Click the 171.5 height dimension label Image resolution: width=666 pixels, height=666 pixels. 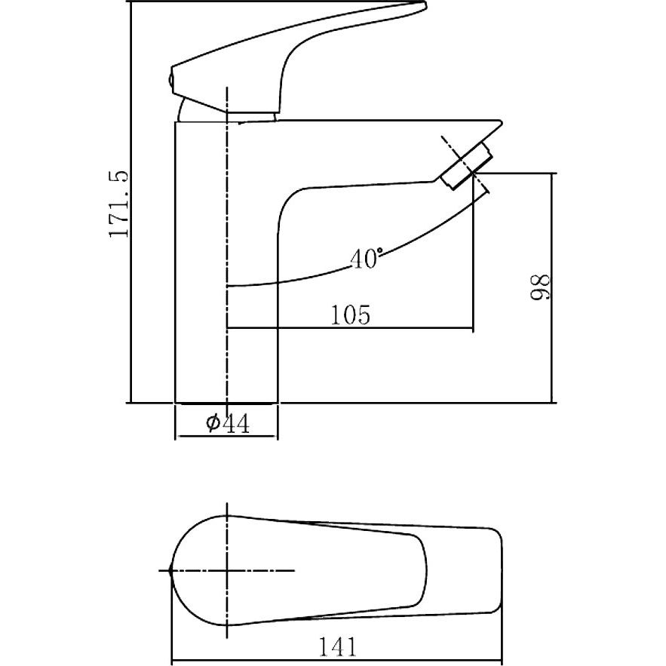[118, 204]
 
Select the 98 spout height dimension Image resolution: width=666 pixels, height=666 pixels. [541, 288]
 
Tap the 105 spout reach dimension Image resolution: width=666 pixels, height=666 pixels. [351, 315]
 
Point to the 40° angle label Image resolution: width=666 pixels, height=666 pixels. [366, 258]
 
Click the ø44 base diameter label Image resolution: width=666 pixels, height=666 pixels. [228, 423]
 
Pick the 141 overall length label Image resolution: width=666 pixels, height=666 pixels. [338, 647]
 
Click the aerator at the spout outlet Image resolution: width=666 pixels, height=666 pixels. [466, 166]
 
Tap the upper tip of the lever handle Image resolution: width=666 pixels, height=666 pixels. [424, 5]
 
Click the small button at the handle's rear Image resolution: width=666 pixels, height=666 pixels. [170, 79]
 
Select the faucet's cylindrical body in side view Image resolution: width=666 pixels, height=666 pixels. [226, 262]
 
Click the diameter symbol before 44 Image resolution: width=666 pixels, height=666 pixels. [213, 422]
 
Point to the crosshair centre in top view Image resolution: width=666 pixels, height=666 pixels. [228, 570]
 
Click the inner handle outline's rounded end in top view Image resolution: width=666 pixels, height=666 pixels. [422, 570]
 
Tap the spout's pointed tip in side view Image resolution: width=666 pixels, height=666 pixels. [502, 123]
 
